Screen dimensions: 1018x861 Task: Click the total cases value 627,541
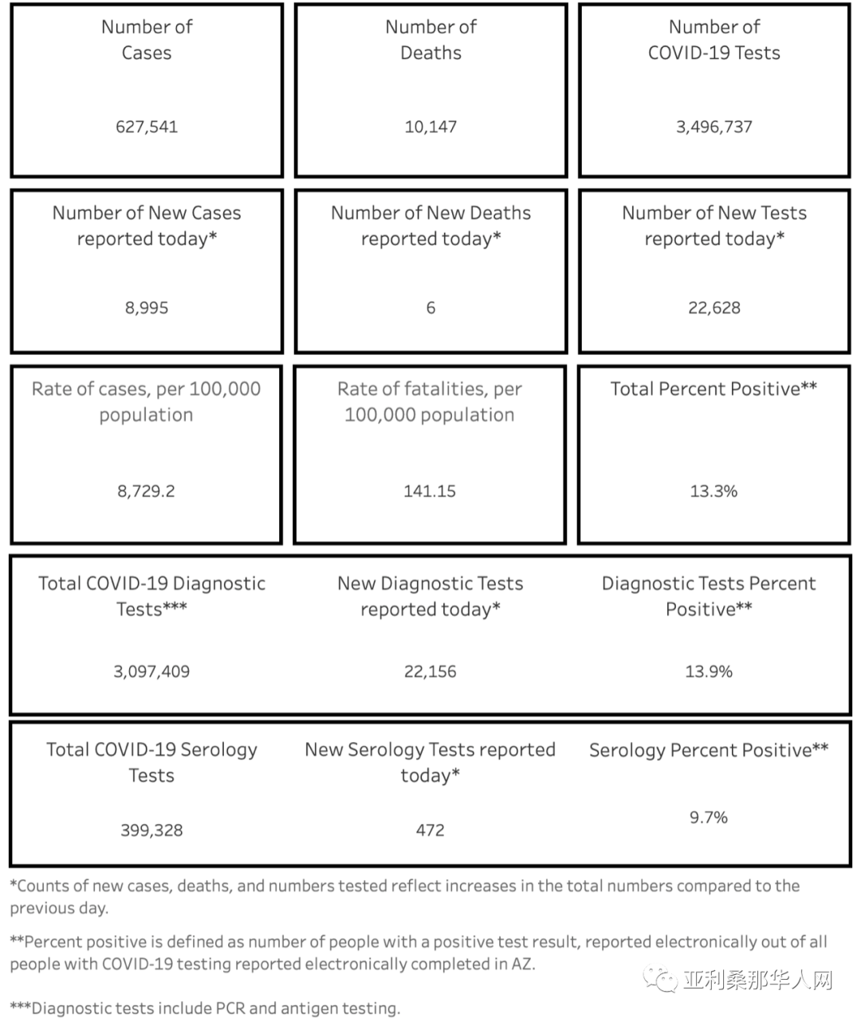coord(147,126)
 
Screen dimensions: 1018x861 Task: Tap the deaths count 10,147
coord(431,126)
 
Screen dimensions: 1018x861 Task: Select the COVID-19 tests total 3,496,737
coord(714,126)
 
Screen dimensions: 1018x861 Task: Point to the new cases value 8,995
coord(147,308)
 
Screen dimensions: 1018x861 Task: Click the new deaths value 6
coord(431,308)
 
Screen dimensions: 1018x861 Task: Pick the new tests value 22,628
coord(714,308)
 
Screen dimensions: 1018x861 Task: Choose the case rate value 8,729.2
coord(146,491)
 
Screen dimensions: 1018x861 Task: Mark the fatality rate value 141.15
coord(430,491)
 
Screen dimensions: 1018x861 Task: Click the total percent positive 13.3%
coord(714,491)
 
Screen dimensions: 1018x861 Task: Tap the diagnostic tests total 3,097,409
coord(151,672)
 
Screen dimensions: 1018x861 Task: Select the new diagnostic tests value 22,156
coord(431,672)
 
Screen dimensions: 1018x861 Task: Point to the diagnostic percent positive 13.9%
coord(709,672)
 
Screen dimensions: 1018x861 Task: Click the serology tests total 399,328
coord(151,831)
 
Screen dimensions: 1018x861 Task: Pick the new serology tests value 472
coord(431,831)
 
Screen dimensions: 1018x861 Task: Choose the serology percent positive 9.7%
coord(709,818)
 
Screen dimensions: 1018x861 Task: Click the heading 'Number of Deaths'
coord(431,40)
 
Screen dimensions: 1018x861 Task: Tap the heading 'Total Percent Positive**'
coord(714,389)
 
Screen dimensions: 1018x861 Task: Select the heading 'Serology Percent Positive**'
coord(709,751)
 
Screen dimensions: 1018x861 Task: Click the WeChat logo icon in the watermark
coord(661,978)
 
